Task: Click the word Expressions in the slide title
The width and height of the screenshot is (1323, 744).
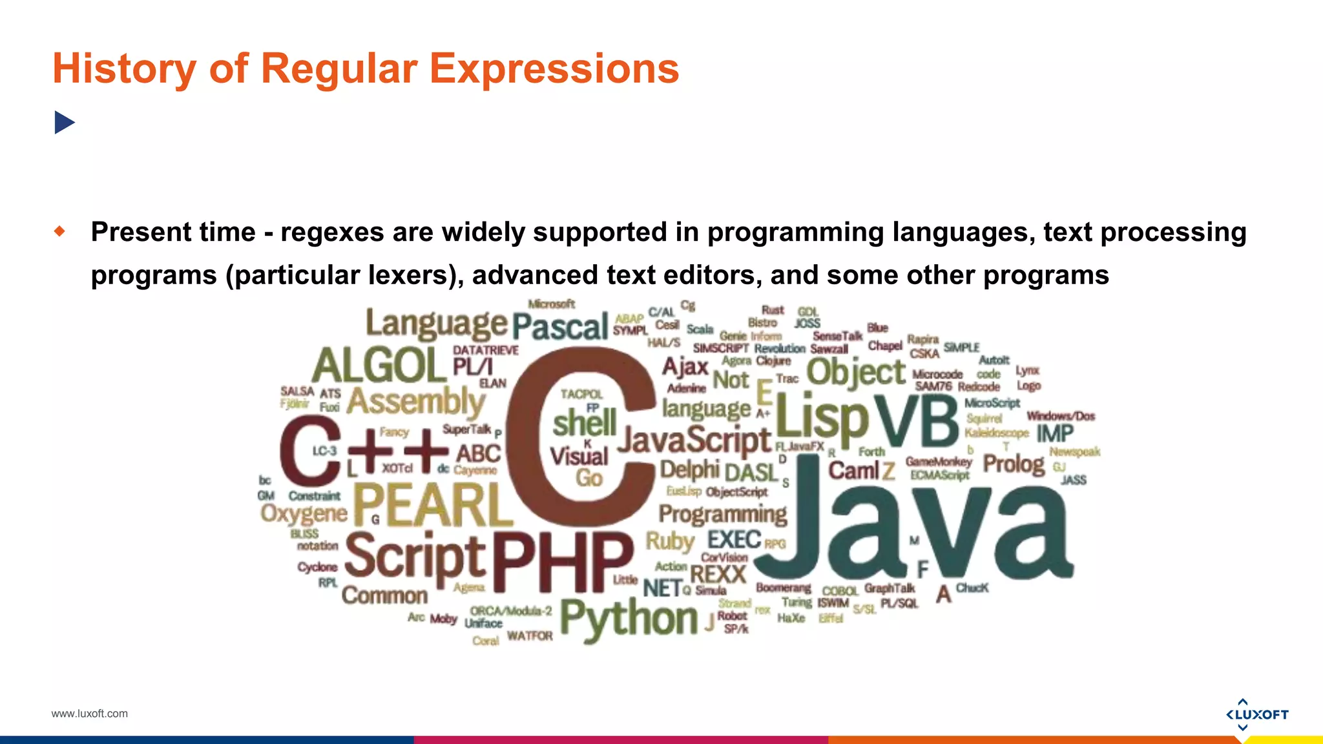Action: (554, 68)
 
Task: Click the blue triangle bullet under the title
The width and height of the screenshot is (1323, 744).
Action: (65, 122)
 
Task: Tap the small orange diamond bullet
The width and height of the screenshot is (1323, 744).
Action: (60, 231)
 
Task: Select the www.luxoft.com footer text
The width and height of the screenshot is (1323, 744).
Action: (89, 714)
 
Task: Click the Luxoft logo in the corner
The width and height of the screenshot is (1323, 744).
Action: (1256, 714)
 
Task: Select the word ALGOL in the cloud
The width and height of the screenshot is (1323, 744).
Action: (379, 366)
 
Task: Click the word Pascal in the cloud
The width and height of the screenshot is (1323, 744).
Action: (560, 326)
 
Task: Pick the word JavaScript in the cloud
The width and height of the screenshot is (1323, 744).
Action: (694, 440)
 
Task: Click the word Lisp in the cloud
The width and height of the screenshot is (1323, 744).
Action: (822, 417)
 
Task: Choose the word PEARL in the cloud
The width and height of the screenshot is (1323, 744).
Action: (432, 505)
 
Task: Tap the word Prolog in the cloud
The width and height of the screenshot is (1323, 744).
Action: (1014, 464)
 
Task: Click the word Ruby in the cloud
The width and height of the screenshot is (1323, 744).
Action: (670, 541)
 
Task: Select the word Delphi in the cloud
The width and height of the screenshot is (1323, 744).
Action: (689, 470)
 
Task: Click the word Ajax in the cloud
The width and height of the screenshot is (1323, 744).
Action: (685, 367)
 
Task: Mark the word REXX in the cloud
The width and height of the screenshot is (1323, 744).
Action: (718, 573)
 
